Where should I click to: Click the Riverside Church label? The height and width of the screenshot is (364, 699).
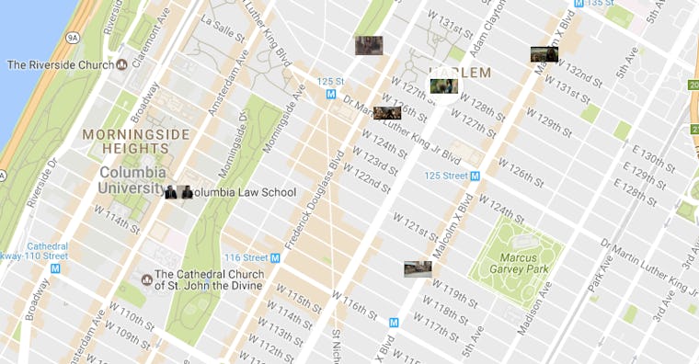[x=60, y=64]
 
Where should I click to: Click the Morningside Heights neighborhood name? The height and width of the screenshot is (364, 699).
[x=136, y=142]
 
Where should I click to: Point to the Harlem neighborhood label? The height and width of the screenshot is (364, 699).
[x=460, y=72]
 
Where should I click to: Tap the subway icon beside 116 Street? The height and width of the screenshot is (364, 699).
[x=275, y=257]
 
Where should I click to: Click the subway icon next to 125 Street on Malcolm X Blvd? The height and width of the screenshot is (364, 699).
[x=475, y=175]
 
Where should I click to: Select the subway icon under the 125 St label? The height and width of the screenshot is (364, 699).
[x=329, y=95]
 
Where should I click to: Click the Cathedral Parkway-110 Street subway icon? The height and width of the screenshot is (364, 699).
[x=55, y=268]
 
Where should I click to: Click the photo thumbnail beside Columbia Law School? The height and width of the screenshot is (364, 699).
[x=178, y=192]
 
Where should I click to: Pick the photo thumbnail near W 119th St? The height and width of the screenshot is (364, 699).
[x=418, y=268]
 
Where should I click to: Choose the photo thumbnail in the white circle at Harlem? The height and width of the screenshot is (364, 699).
[x=444, y=87]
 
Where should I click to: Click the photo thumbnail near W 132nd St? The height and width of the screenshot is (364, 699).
[x=544, y=54]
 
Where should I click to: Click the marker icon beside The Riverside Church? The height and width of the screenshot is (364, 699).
[x=122, y=64]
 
